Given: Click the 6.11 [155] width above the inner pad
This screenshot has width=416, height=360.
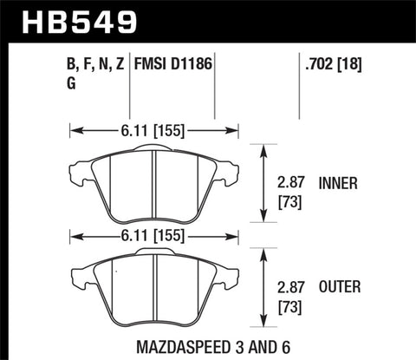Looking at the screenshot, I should (x=153, y=132).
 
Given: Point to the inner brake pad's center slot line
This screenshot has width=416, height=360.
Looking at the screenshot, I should (x=153, y=184).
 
